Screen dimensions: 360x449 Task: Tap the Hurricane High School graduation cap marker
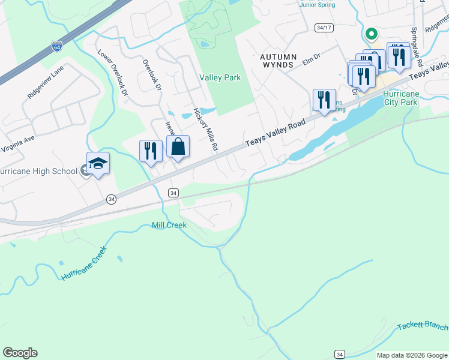(x=98, y=163)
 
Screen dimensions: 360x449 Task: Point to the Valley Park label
(x=220, y=78)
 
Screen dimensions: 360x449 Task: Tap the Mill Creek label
(x=169, y=225)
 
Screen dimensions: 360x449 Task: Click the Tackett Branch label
(x=423, y=326)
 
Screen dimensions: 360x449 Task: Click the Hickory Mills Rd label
(x=205, y=130)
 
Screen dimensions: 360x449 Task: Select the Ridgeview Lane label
(x=45, y=83)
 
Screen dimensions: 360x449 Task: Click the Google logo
(x=20, y=353)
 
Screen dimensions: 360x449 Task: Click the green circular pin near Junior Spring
(x=371, y=35)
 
